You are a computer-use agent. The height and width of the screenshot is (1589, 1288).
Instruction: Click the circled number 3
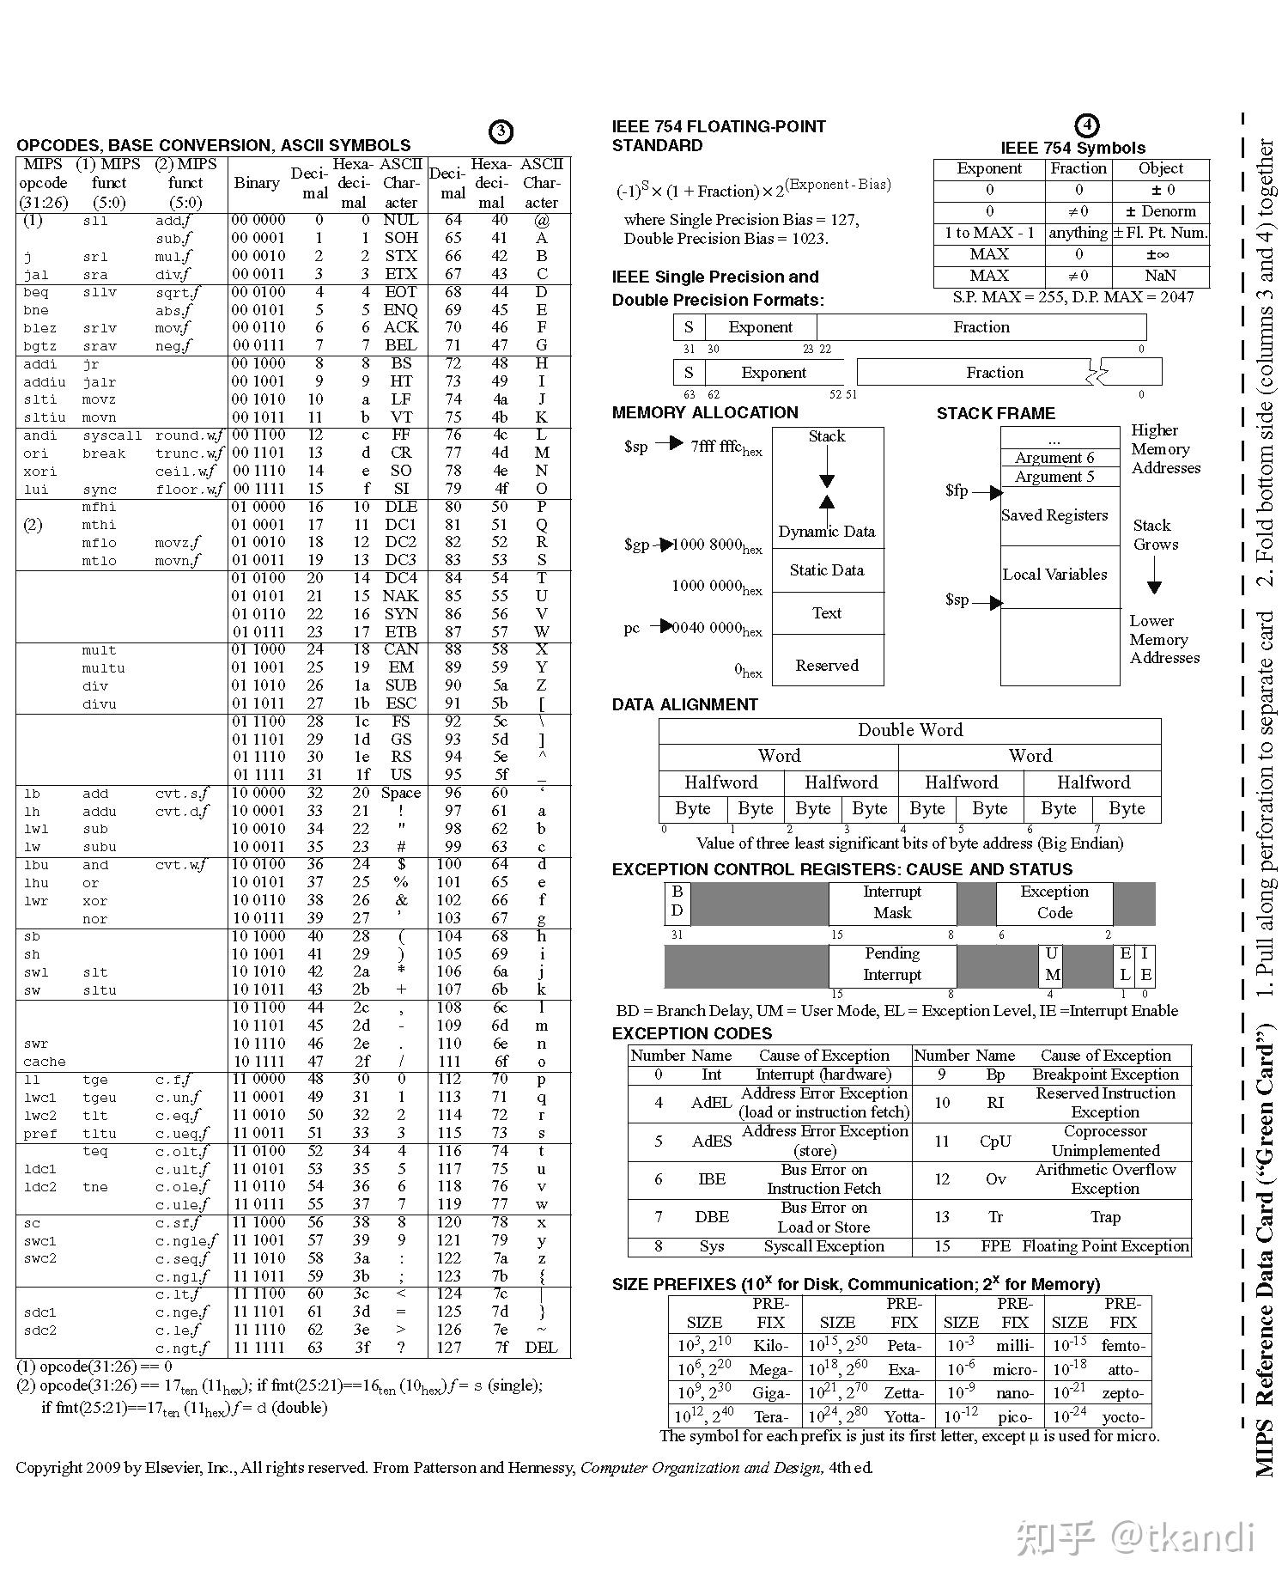point(501,131)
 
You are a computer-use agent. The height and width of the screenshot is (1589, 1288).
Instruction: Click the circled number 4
point(1087,125)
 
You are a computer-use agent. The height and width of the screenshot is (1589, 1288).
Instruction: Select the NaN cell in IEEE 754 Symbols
point(1160,276)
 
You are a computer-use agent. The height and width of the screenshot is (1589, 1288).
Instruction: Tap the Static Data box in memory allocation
point(827,570)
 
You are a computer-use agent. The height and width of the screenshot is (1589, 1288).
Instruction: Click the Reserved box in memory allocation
point(827,666)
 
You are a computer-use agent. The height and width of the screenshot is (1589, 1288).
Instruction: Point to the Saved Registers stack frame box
point(1054,515)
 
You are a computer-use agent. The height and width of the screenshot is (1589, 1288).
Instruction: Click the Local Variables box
point(1054,575)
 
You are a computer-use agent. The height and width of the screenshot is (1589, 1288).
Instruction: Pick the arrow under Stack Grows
point(1155,575)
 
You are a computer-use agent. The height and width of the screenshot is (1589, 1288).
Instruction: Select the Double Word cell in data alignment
point(910,730)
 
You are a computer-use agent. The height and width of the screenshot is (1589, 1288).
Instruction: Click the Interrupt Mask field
point(892,903)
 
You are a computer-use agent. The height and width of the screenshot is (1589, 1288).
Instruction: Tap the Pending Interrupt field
point(892,965)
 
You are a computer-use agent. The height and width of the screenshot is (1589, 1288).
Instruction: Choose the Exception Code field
point(1054,903)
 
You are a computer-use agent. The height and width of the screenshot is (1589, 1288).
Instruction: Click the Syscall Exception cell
point(823,1246)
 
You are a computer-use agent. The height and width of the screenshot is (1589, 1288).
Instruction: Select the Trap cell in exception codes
point(1105,1217)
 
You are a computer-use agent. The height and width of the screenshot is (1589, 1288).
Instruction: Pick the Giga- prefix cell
point(770,1393)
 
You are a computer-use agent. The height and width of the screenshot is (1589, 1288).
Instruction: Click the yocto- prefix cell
point(1122,1417)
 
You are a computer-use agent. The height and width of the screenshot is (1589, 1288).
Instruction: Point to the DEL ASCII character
point(541,1348)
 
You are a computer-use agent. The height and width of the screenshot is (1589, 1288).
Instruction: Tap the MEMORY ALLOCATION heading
point(705,412)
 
